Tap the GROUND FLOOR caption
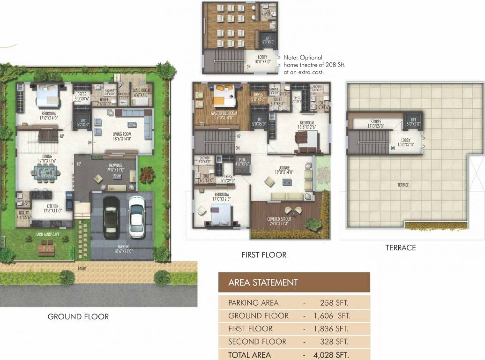[x=78, y=317]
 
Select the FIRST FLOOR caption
[x=264, y=255]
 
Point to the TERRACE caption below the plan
[x=401, y=247]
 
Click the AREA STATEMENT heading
[x=263, y=283]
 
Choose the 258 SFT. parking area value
[x=334, y=303]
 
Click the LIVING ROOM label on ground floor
[x=122, y=134]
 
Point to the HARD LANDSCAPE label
[x=47, y=234]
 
